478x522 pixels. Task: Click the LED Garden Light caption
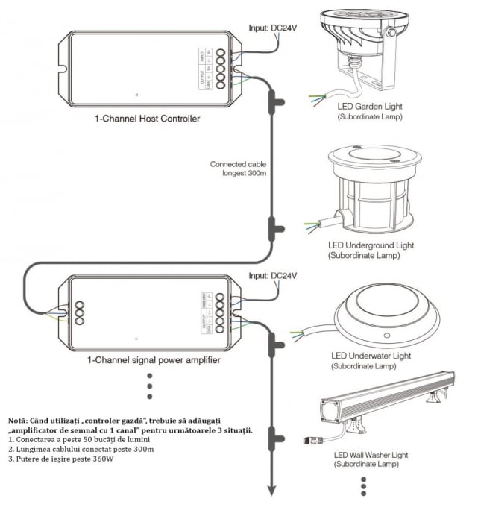point(369,107)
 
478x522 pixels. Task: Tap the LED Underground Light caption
point(371,245)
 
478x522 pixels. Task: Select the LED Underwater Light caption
point(371,356)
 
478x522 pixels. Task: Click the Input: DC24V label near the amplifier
point(273,276)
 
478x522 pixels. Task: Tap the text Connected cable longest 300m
point(237,170)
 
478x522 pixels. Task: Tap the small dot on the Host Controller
point(137,95)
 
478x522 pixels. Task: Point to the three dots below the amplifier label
point(150,386)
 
